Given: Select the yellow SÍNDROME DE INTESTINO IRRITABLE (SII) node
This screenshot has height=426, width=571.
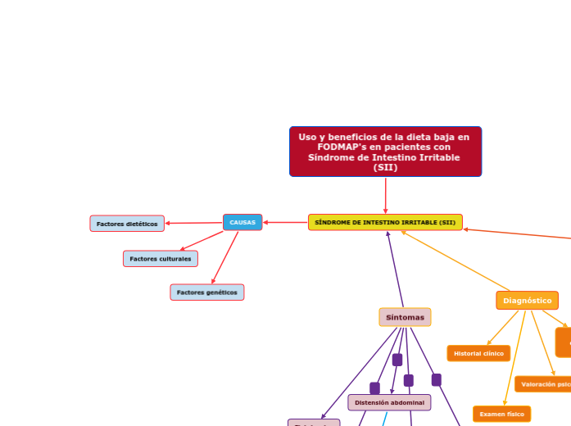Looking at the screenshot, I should (385, 222).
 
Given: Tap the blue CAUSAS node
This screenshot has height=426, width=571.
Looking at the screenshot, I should (242, 222).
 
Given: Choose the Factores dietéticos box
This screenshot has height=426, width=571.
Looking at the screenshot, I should (127, 224).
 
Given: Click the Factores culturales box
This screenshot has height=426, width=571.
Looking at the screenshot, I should (161, 259).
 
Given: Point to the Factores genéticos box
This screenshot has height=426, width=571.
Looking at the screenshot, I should (207, 292).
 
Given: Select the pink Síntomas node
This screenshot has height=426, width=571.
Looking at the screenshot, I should (405, 317).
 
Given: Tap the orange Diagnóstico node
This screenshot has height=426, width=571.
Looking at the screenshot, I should (527, 301).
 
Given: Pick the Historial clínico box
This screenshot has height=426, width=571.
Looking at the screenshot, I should (478, 353).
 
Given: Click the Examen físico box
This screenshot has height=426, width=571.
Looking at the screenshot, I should (501, 414).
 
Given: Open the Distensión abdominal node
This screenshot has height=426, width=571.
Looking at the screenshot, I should (389, 402).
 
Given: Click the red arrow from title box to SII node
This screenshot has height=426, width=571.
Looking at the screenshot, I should (385, 196).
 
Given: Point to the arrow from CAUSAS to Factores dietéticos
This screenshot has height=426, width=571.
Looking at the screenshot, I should (193, 223).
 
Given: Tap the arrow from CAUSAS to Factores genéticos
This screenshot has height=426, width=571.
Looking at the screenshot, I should (225, 257).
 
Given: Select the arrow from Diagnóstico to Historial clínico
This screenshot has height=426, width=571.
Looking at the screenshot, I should (502, 328).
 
